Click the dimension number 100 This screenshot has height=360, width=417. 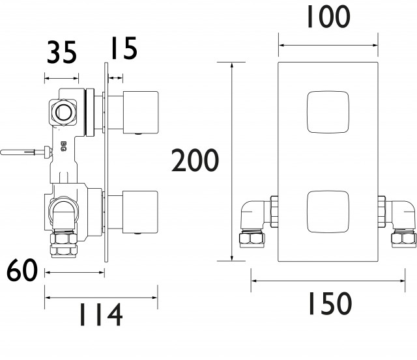[x=328, y=17]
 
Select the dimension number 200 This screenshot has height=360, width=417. [x=195, y=160]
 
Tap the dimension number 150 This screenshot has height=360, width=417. [x=330, y=303]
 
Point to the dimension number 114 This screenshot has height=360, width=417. [x=101, y=314]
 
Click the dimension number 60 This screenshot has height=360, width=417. [x=22, y=270]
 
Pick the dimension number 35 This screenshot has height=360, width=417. [x=62, y=52]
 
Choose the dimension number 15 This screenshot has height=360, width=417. [x=124, y=48]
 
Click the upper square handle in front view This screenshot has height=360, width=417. [x=328, y=112]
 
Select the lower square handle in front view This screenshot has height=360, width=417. [x=328, y=212]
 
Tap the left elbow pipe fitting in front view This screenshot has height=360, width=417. [x=255, y=215]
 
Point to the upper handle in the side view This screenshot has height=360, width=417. [x=141, y=112]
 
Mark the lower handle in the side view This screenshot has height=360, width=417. [x=141, y=212]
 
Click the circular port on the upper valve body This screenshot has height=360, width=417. [x=63, y=112]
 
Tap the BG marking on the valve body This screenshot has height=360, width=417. [x=63, y=146]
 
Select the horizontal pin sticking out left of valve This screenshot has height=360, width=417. [x=26, y=153]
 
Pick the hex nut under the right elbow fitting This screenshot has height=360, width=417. [x=404, y=238]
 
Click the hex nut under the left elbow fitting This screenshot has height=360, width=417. [x=252, y=238]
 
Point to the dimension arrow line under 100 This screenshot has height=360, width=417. [x=328, y=45]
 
